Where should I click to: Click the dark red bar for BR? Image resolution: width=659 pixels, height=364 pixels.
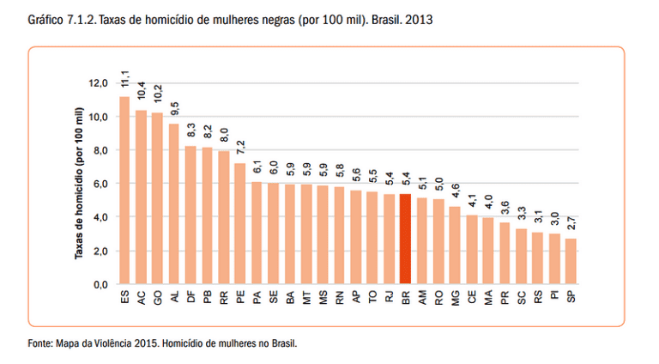[405, 240]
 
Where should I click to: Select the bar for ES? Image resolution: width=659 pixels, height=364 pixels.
[124, 191]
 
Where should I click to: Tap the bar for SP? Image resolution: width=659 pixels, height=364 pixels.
[571, 262]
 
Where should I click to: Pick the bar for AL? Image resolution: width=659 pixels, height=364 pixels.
[174, 203]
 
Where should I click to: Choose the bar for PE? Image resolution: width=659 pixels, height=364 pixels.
[240, 223]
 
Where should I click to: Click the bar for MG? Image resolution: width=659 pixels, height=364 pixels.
[455, 246]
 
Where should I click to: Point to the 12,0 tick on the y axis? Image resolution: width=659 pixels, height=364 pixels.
[98, 83]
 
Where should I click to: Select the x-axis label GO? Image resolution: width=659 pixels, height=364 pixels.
[158, 298]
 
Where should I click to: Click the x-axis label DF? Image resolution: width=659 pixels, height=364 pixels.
[190, 297]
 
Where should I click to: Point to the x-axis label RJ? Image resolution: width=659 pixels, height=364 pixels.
[390, 297]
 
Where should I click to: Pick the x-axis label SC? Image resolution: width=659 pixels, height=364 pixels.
[521, 297]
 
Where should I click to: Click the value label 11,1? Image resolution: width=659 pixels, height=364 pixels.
[125, 79]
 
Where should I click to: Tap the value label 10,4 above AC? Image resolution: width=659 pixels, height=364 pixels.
[142, 90]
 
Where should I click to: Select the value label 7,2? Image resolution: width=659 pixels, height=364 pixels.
[240, 148]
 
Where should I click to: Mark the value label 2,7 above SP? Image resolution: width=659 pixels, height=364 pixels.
[571, 223]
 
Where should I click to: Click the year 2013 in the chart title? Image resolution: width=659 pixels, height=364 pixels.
[419, 20]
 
